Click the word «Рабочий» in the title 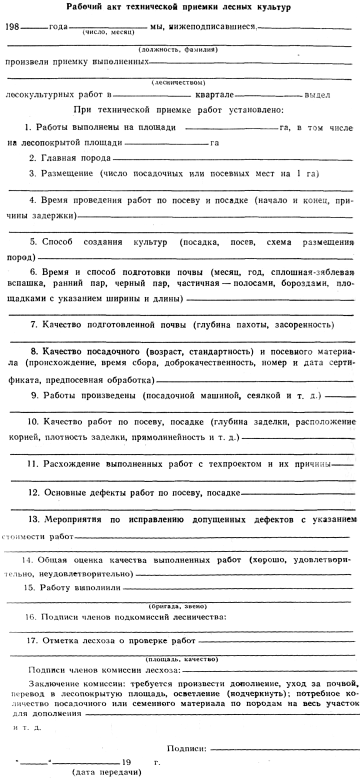[81, 8]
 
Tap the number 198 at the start [12, 26]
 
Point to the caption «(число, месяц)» [106, 32]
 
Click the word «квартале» [213, 94]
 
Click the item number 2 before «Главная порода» [31, 158]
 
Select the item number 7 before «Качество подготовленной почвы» [33, 325]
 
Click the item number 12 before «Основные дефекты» [33, 492]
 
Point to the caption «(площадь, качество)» [181, 659]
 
